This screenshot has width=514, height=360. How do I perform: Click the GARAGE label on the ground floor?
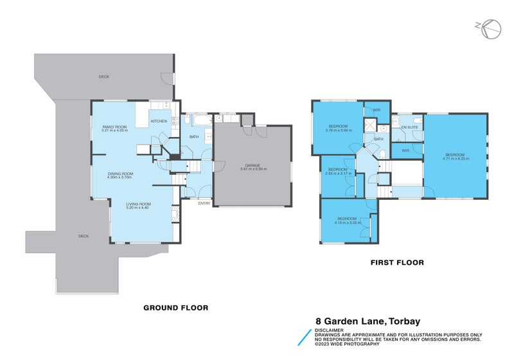(253, 165)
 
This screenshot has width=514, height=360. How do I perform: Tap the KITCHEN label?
(159, 121)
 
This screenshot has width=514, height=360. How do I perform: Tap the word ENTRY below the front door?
(204, 204)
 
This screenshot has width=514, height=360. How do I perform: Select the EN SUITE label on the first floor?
(409, 127)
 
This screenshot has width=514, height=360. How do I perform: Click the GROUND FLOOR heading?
(175, 308)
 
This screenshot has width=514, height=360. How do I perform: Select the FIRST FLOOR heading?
(397, 262)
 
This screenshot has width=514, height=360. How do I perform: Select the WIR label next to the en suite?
(405, 150)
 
